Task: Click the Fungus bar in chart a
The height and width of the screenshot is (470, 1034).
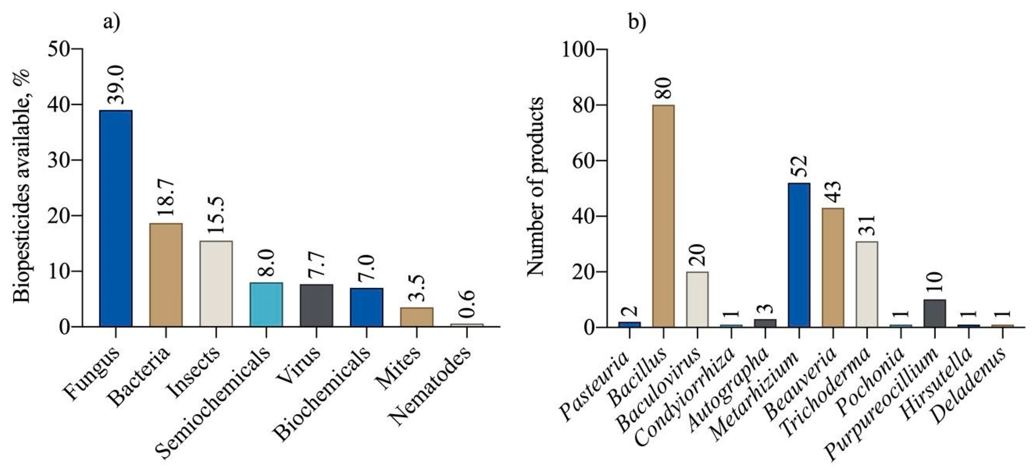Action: point(116,218)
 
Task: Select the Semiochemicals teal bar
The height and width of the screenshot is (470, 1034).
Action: point(266,304)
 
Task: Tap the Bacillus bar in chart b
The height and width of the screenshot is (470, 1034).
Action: point(663,216)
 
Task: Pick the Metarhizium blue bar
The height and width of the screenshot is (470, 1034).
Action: point(799,255)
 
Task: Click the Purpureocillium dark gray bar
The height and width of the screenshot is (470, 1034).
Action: point(935,313)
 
